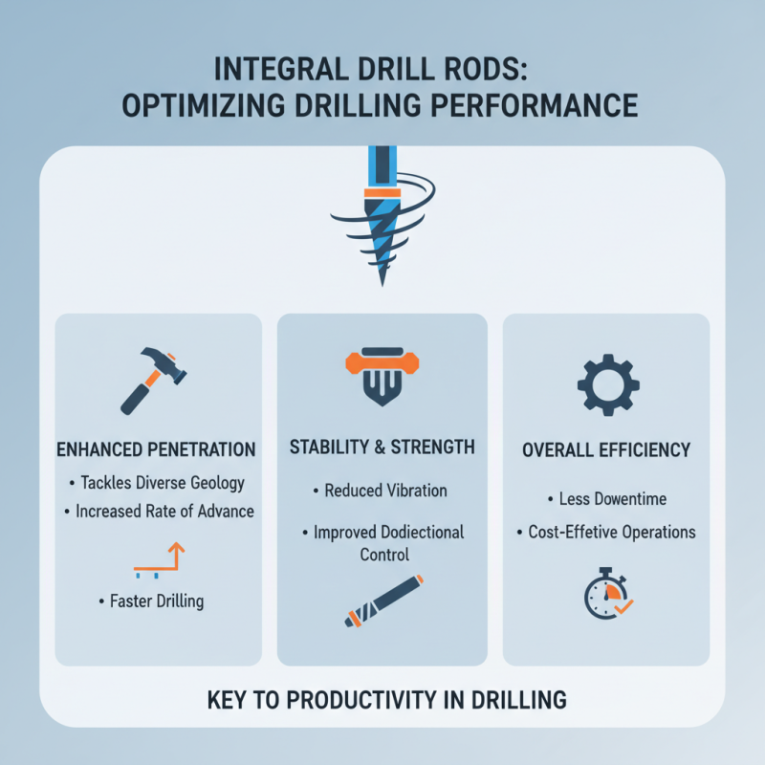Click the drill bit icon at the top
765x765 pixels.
[x=381, y=215]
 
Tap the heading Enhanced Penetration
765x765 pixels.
[x=157, y=448]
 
